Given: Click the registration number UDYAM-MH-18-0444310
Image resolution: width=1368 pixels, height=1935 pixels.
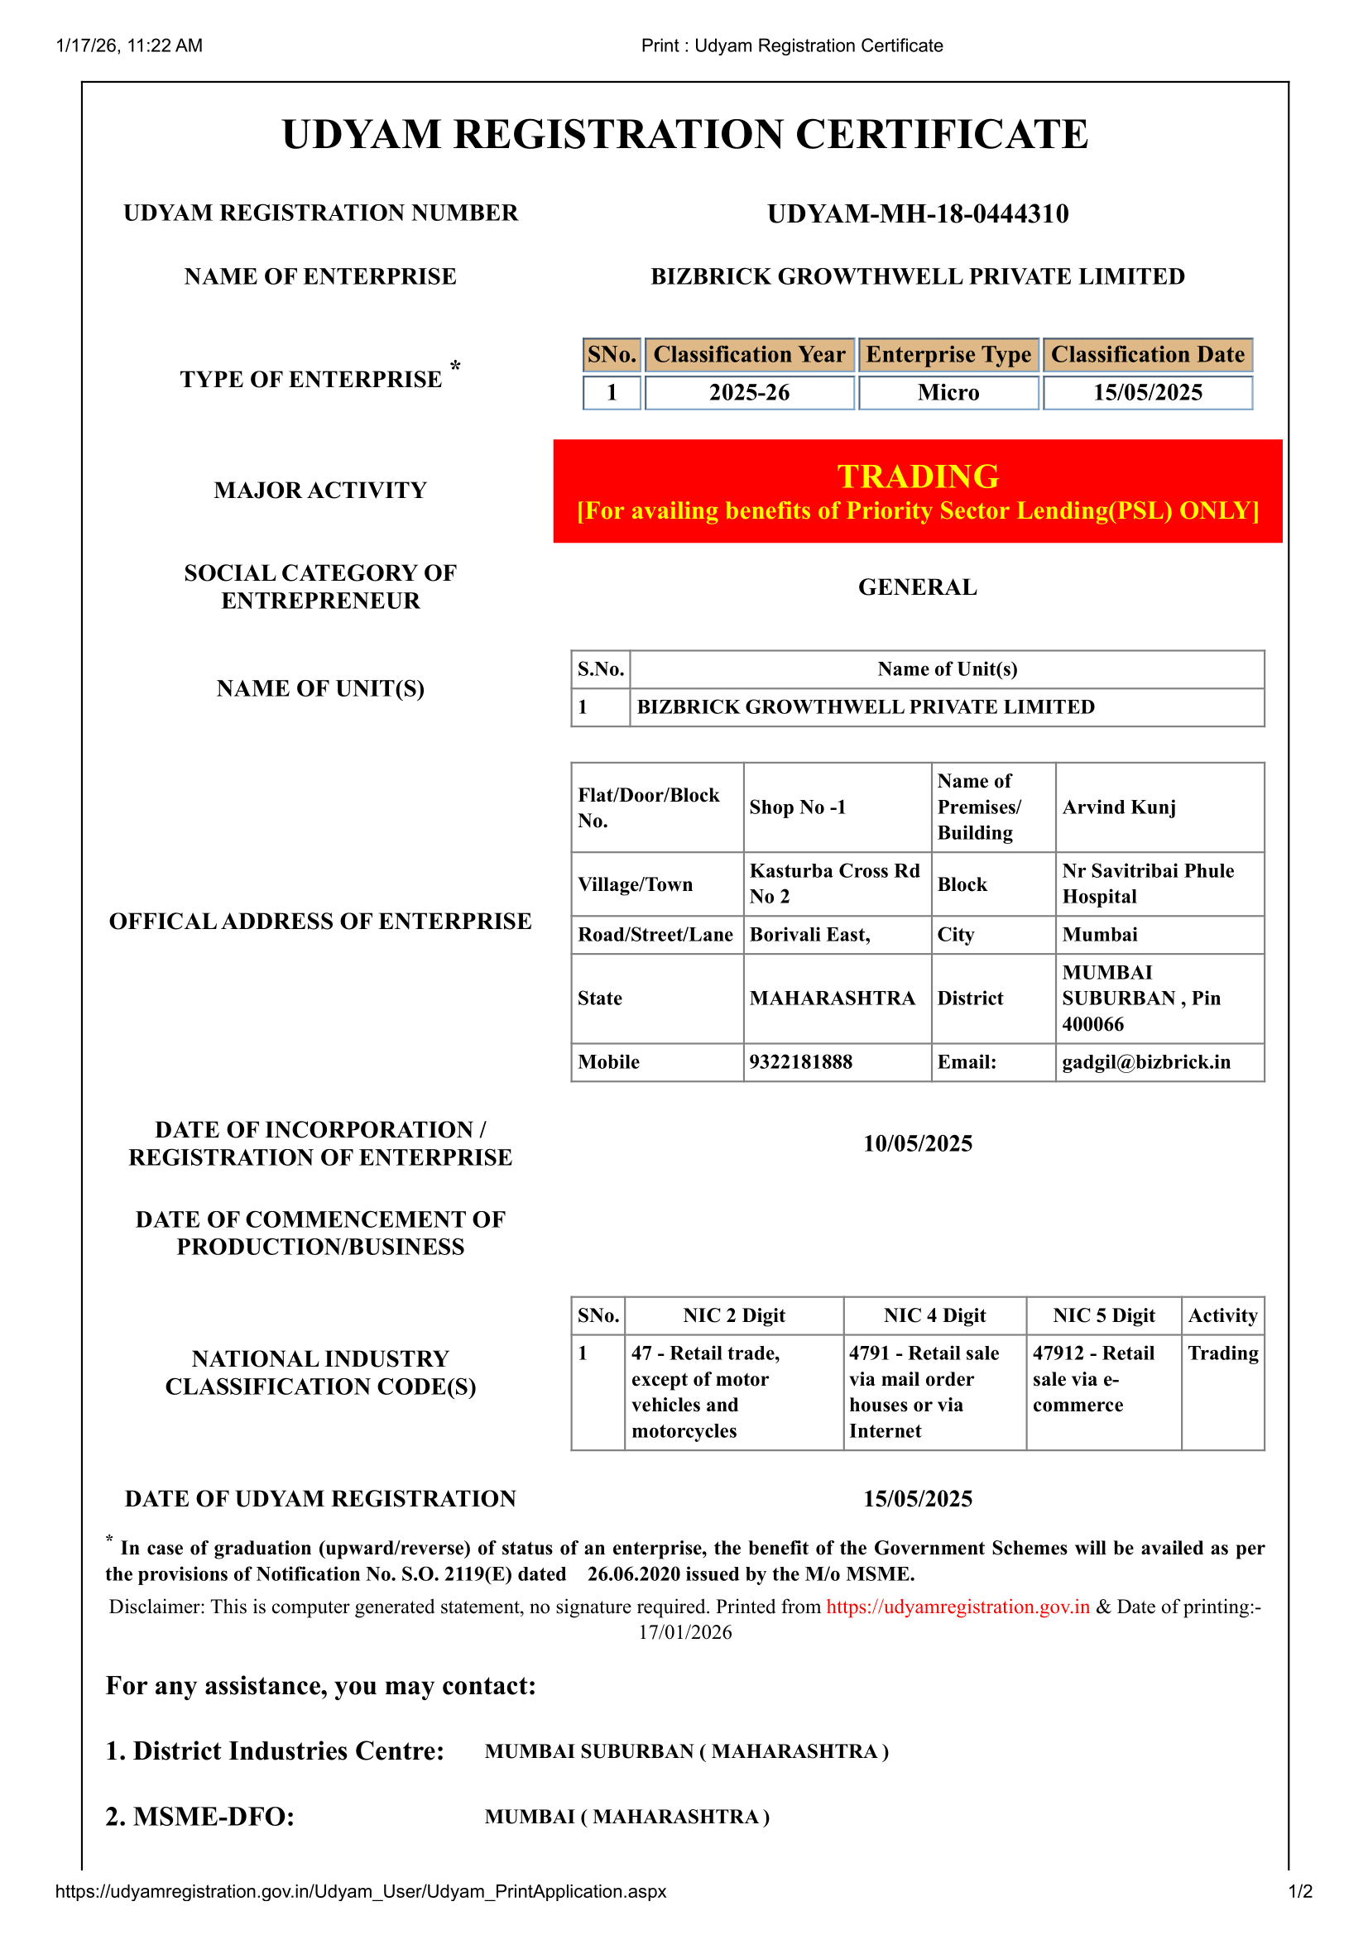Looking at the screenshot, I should [917, 213].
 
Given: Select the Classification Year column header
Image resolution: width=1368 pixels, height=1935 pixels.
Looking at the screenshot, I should [748, 355].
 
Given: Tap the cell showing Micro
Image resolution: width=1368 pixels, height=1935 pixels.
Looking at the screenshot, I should [948, 393].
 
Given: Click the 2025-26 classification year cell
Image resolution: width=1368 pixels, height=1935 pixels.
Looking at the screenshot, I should [748, 393].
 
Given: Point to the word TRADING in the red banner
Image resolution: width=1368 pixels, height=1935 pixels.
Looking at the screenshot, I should [917, 477].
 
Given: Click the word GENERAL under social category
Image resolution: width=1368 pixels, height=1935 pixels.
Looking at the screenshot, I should [917, 587].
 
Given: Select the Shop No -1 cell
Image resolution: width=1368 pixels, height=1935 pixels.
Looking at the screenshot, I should [797, 807].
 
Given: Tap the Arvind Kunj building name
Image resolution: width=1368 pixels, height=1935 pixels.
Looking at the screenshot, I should [1119, 807].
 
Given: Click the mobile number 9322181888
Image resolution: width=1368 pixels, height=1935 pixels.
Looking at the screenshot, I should [801, 1062].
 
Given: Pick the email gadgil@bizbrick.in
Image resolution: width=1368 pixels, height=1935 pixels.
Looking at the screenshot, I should [1145, 1062].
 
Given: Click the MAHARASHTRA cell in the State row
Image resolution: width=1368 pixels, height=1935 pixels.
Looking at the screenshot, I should [832, 998].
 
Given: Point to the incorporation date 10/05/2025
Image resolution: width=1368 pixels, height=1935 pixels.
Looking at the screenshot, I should [917, 1142].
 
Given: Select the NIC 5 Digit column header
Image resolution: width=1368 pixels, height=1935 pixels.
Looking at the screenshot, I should [1103, 1315].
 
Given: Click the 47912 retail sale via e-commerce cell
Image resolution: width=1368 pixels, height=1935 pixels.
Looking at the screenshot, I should [1093, 1379].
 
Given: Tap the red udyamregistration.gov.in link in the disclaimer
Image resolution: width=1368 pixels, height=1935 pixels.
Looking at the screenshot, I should [958, 1607].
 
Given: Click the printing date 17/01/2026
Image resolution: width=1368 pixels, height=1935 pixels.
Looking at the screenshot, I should [684, 1632].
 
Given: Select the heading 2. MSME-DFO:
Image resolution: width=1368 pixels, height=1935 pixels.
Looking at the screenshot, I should [199, 1816].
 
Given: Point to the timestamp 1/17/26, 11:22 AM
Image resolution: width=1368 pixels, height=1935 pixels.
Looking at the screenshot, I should [129, 46].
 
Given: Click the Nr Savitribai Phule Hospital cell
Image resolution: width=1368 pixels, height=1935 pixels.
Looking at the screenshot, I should [1147, 884].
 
